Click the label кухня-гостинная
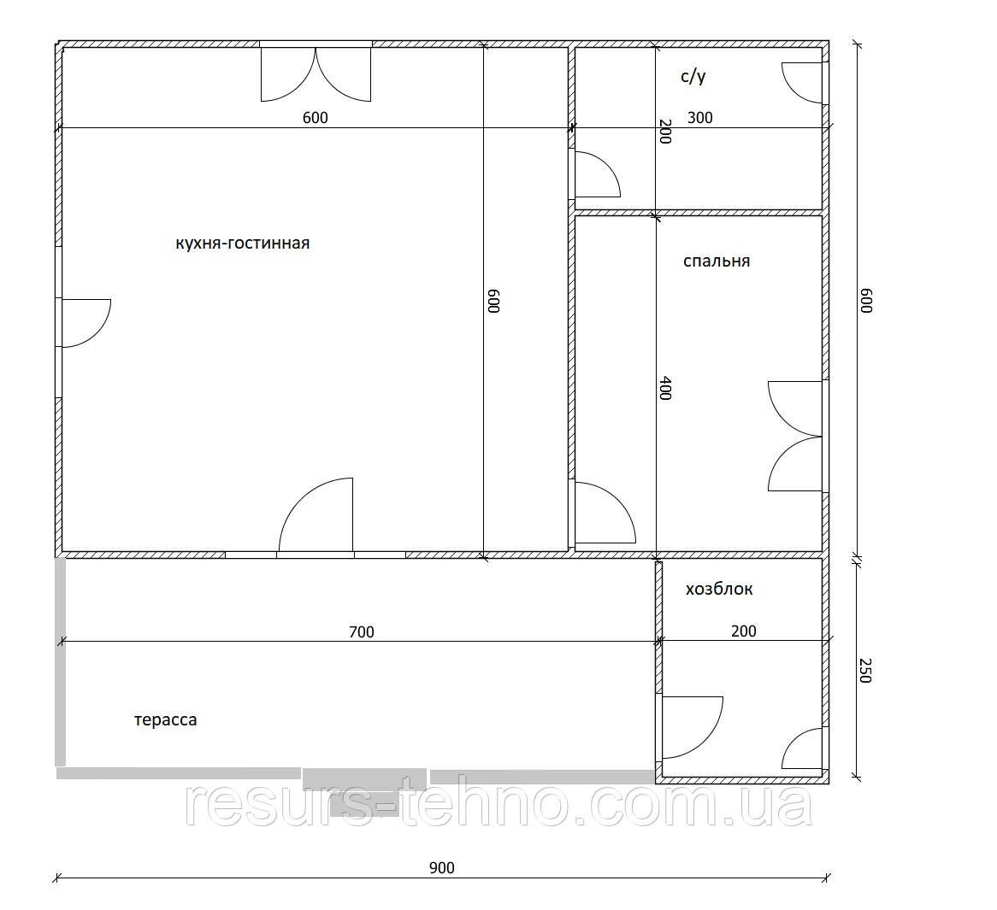242,244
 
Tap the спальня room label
717,261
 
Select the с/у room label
693,77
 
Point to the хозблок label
719,589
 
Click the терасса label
166,720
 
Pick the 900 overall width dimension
442,868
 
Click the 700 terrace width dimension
362,632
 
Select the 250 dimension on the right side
864,671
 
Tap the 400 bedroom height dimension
665,388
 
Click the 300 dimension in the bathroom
700,118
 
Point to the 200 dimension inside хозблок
743,631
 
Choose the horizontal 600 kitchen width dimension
316,118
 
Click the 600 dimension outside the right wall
865,301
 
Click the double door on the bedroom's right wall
795,436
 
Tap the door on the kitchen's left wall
86,323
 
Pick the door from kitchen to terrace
316,514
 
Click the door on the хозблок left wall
693,727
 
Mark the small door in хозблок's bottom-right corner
802,749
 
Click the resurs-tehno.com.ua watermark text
498,804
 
